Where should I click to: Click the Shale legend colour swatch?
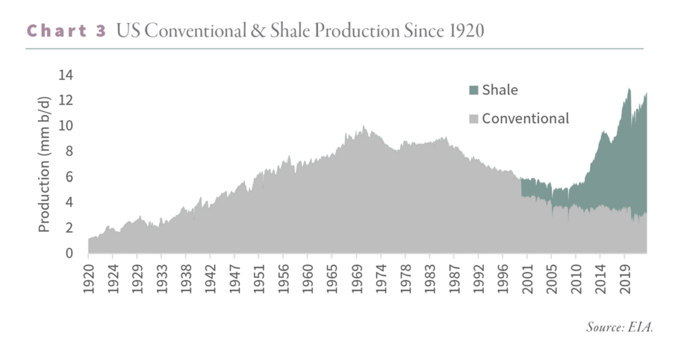474,90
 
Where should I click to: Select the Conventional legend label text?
526,119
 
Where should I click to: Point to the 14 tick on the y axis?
65,75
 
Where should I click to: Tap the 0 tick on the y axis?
69,253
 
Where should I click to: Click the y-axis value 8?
69,152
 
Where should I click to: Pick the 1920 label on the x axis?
89,279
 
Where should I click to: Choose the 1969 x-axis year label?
357,279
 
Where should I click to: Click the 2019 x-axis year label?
625,279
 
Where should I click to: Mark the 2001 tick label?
527,279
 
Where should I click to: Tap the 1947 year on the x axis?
235,279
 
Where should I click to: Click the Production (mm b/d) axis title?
44,164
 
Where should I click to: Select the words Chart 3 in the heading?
67,31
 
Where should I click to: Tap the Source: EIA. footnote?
620,327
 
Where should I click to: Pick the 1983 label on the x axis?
430,279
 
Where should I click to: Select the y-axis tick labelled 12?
65,100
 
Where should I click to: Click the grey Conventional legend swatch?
474,119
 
